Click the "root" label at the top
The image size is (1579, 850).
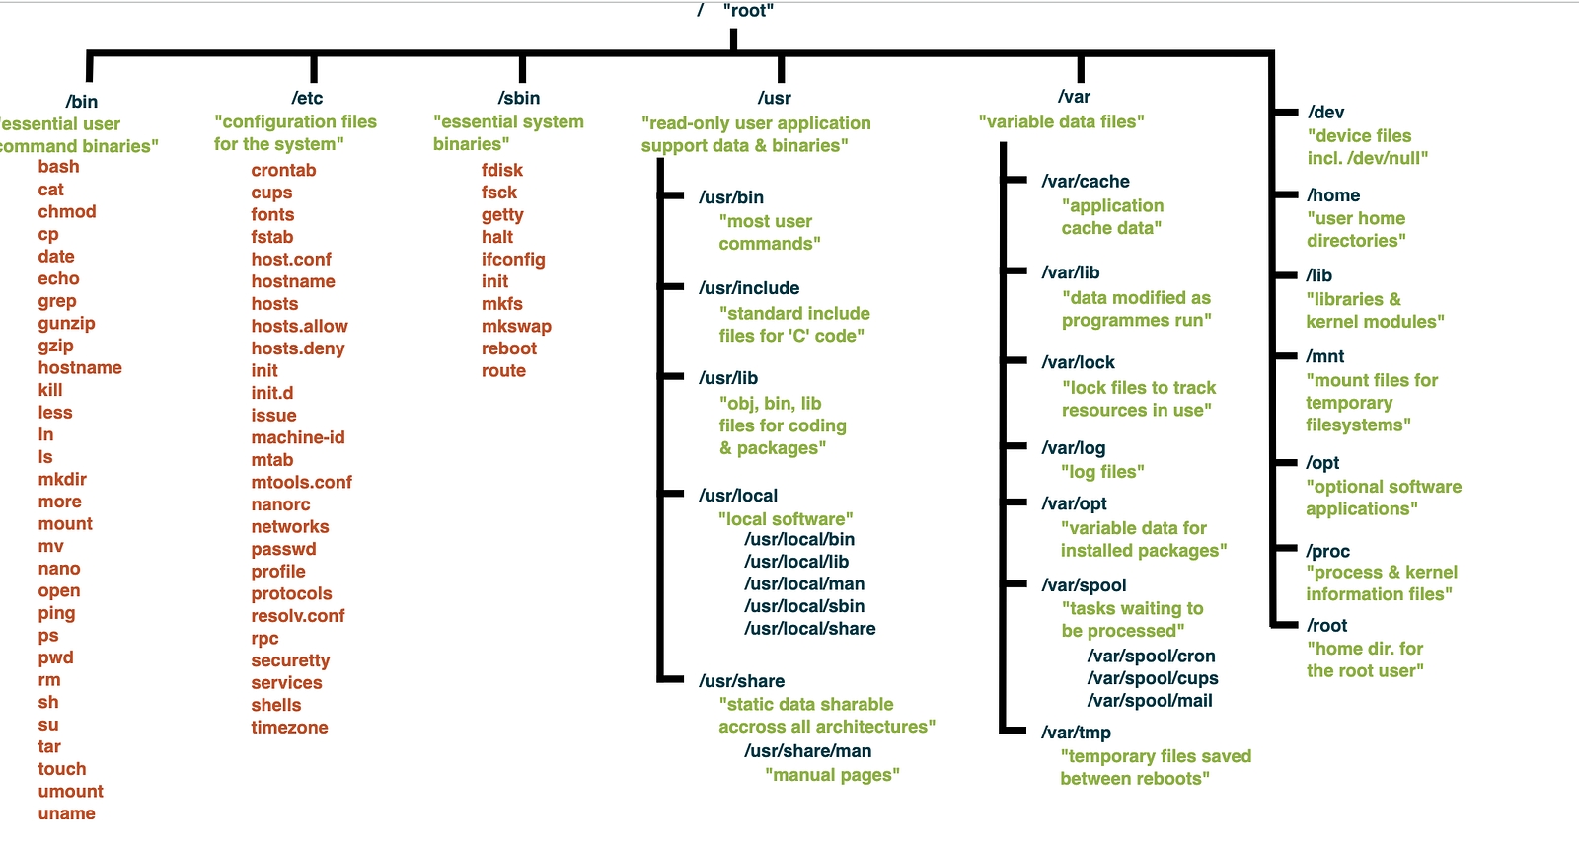click(x=748, y=11)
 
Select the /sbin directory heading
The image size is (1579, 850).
click(x=519, y=98)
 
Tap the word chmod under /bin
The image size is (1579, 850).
click(x=67, y=212)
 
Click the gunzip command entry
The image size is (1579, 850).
click(x=67, y=324)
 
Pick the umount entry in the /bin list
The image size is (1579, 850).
click(x=70, y=792)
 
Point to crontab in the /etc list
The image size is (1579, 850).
click(x=283, y=170)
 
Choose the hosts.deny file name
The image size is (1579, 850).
click(x=298, y=348)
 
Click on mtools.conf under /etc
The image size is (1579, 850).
click(x=301, y=483)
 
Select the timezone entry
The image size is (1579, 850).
click(x=289, y=728)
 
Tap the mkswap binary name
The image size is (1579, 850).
click(x=516, y=327)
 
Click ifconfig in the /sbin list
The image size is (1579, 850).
click(x=513, y=260)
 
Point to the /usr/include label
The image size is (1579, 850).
click(x=749, y=288)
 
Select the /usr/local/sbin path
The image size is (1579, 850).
click(x=804, y=606)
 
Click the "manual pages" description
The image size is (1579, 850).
click(x=832, y=775)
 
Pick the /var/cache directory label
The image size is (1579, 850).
click(x=1086, y=182)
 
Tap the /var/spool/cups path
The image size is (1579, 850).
click(x=1153, y=678)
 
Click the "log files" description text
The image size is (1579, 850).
click(x=1102, y=472)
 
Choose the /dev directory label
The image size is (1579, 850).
click(x=1325, y=113)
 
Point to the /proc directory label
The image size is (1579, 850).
click(x=1327, y=551)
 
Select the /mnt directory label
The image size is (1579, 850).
click(x=1325, y=356)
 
